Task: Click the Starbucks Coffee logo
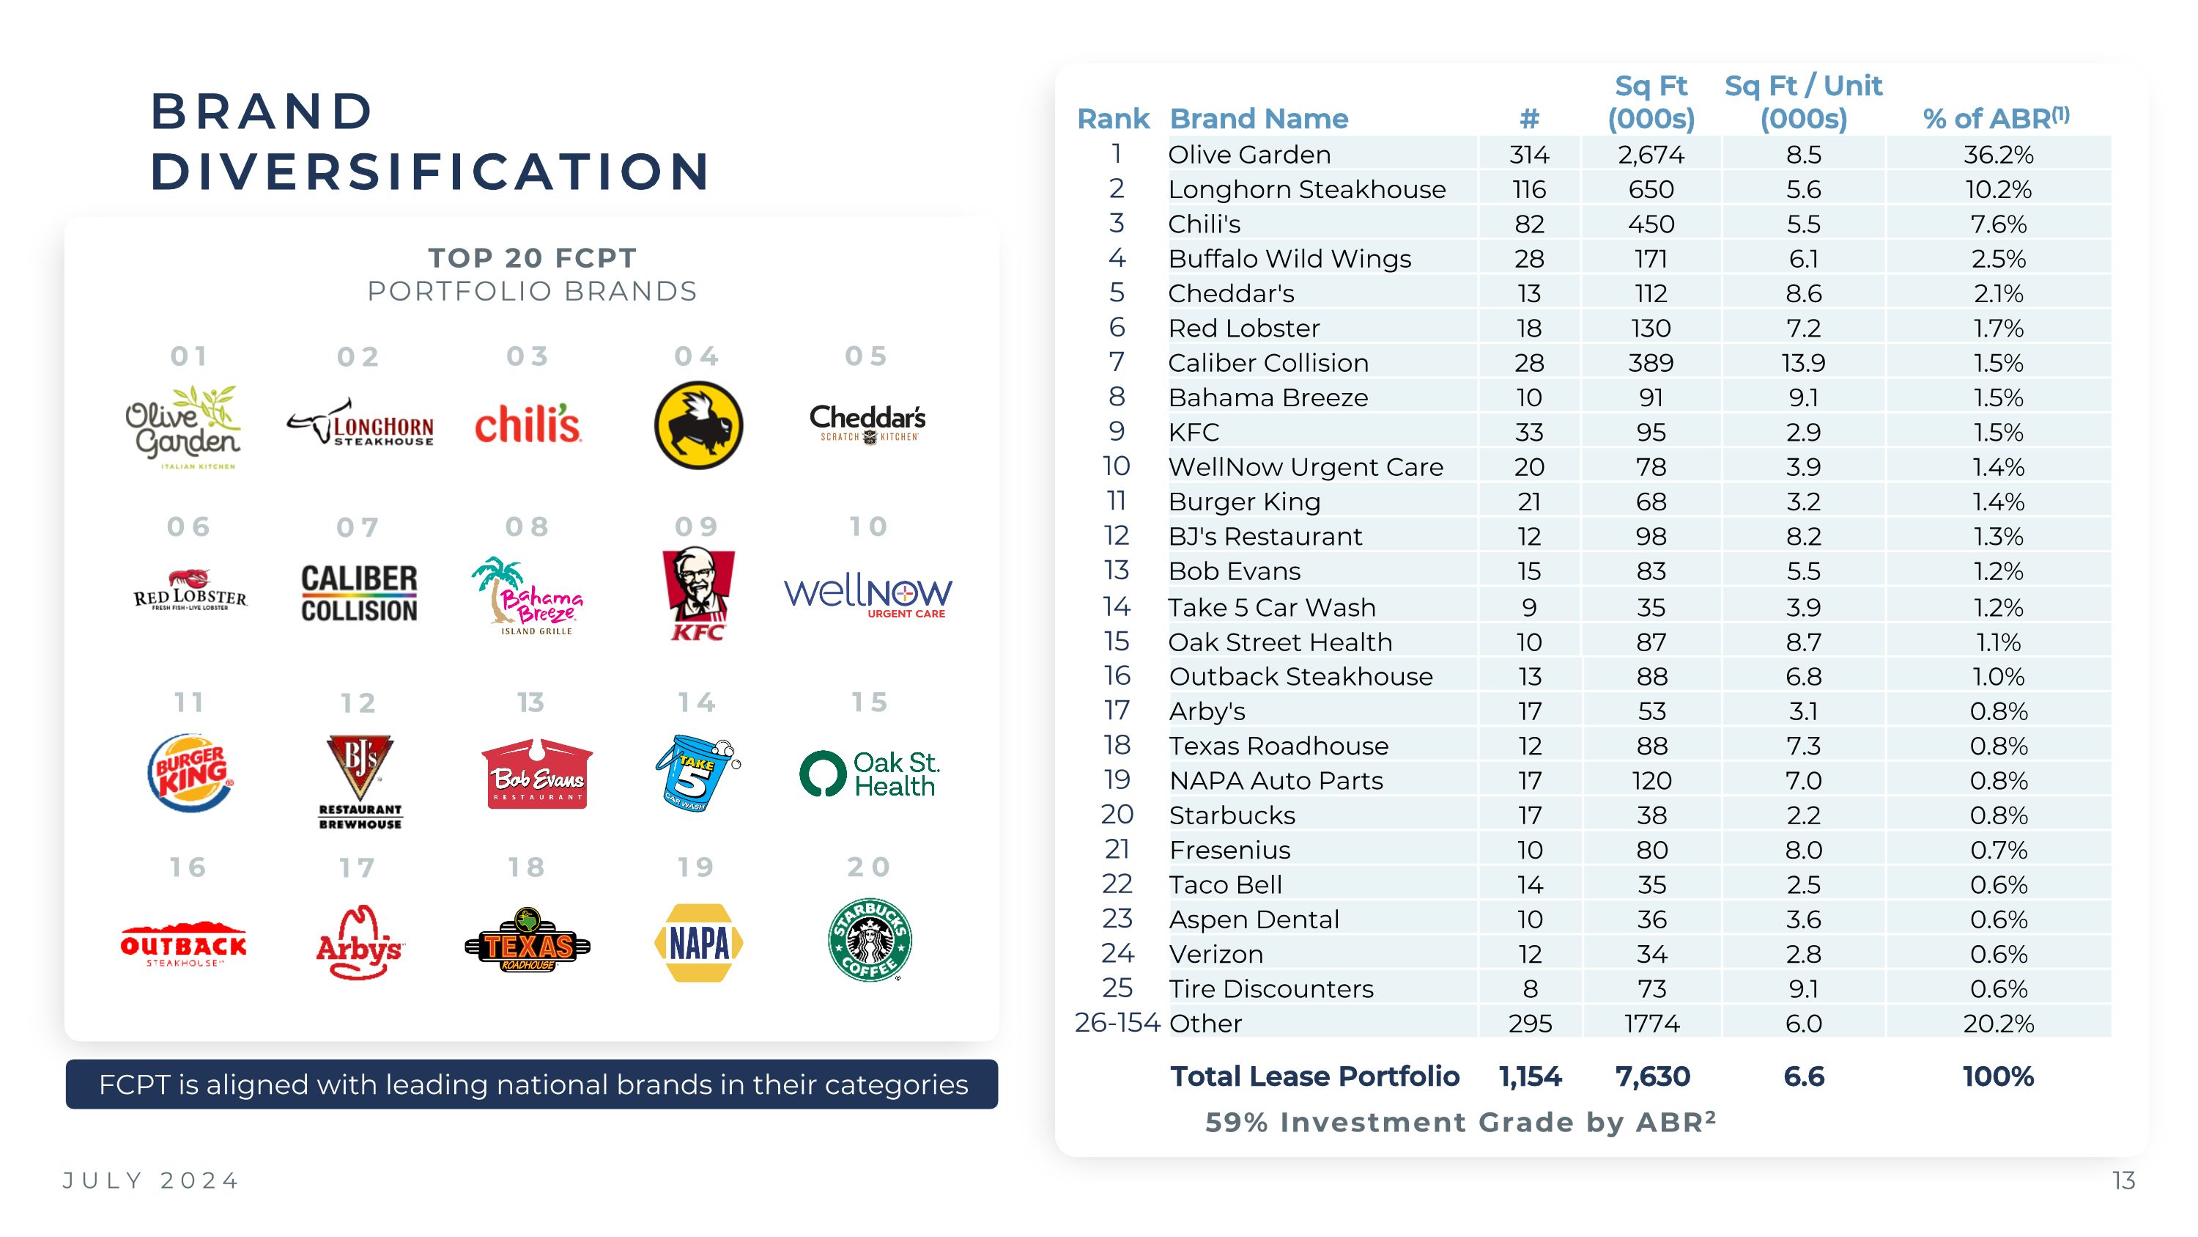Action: point(870,940)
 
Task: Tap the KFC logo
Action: point(698,594)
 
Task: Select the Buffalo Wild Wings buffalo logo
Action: point(698,425)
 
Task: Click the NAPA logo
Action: point(698,942)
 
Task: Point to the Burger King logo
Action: point(190,773)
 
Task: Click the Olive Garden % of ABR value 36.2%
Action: point(1997,155)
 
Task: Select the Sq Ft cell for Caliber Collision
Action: point(1650,363)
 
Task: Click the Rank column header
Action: point(1113,119)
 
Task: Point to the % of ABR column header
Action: point(1996,119)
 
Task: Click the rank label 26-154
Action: point(1117,1023)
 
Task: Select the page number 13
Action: point(2123,1181)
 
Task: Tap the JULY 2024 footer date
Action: point(152,1181)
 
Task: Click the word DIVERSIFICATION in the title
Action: point(431,171)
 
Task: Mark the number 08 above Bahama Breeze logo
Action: point(528,526)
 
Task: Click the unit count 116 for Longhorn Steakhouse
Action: point(1529,189)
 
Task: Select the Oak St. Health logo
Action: point(870,774)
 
